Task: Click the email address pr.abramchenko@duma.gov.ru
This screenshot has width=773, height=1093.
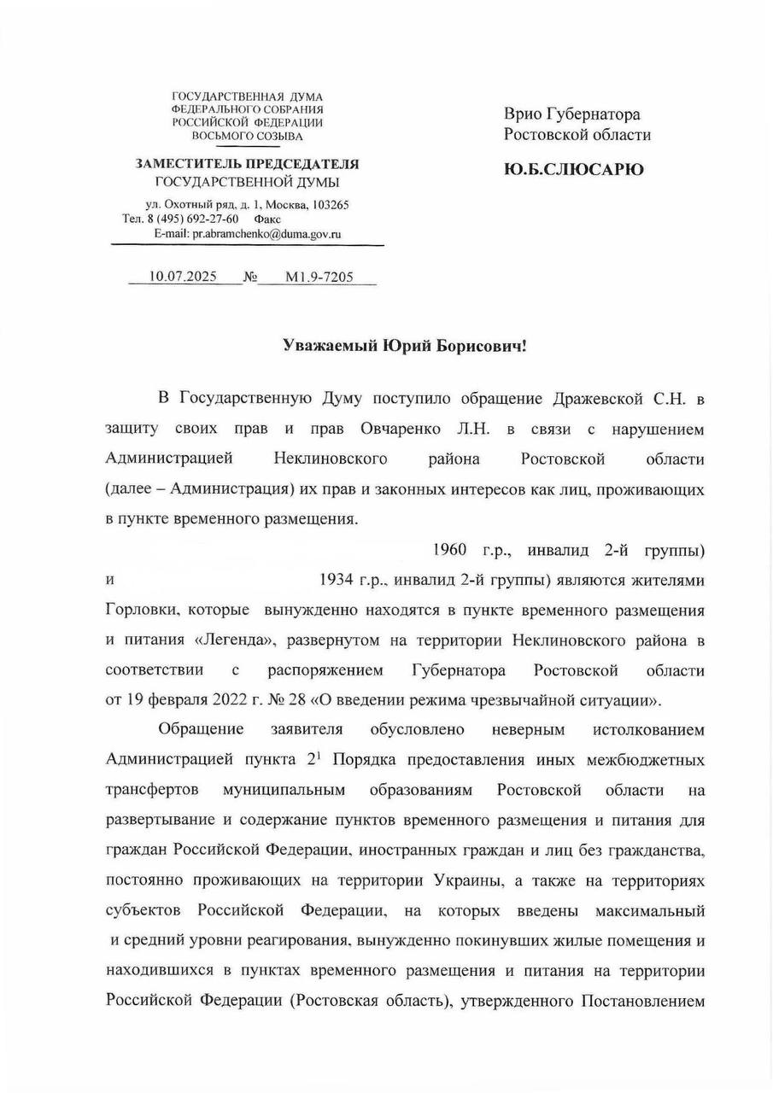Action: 266,233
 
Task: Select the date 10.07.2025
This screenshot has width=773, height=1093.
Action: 183,277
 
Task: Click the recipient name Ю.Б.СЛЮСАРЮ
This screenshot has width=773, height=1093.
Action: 574,169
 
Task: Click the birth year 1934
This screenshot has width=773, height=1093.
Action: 337,580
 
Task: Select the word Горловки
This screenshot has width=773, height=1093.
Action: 140,611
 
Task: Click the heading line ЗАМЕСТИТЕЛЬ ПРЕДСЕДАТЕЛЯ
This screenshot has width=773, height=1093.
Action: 247,164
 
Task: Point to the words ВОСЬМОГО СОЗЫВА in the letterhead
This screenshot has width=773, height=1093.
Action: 247,135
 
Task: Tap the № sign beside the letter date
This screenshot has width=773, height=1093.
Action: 250,278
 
